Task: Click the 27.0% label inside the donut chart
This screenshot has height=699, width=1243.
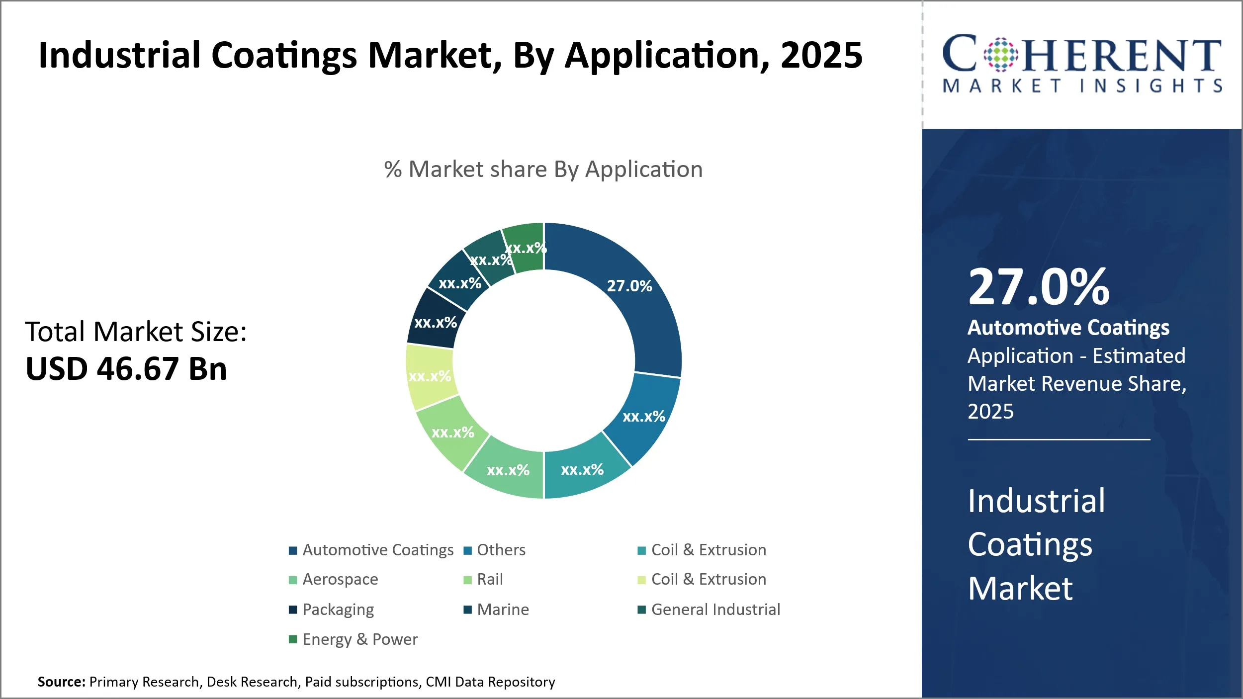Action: (x=629, y=286)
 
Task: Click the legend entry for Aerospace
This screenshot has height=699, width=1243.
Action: (x=340, y=579)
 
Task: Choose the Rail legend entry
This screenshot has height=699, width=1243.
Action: (x=490, y=579)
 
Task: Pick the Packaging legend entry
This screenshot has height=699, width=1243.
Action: (x=338, y=610)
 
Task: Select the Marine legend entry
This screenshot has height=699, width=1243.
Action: (x=503, y=610)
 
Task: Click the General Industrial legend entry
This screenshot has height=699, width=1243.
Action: (x=715, y=610)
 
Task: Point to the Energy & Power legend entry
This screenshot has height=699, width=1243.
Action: (x=360, y=639)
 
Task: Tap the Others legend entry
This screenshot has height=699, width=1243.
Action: (x=501, y=550)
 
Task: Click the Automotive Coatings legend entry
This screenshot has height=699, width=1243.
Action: (x=378, y=550)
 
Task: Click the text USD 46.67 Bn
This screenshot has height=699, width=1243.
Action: (x=126, y=369)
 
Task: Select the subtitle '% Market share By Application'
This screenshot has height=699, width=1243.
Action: (x=543, y=170)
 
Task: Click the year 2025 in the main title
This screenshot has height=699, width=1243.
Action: (x=821, y=55)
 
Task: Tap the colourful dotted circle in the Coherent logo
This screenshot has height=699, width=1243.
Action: (x=1001, y=55)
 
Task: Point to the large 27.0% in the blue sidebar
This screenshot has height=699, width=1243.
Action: (x=1039, y=287)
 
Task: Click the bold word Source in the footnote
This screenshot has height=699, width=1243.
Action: (x=61, y=682)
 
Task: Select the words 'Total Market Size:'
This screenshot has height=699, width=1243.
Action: (x=136, y=332)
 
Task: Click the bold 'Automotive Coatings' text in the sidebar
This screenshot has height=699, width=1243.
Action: (x=1068, y=328)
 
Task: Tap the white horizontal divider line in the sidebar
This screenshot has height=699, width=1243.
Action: (x=1059, y=439)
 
